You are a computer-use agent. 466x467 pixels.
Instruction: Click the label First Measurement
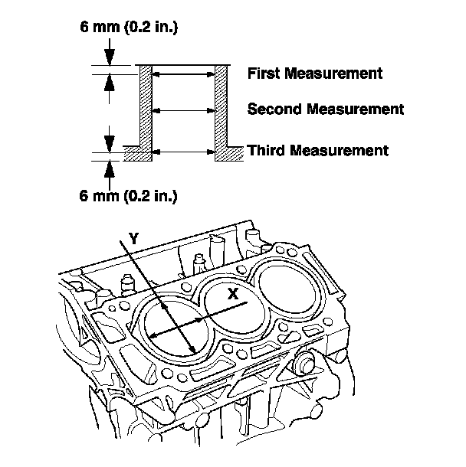pyautogui.click(x=314, y=74)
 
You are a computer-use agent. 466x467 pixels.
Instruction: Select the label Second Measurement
pyautogui.click(x=325, y=109)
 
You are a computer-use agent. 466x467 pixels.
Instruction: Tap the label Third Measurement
pyautogui.click(x=317, y=150)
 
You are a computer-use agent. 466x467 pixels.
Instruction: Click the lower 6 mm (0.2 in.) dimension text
pyautogui.click(x=129, y=195)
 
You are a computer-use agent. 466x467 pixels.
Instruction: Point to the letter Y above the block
pyautogui.click(x=133, y=238)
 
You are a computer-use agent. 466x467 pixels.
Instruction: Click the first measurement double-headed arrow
pyautogui.click(x=183, y=74)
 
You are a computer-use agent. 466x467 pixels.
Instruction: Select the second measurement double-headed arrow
pyautogui.click(x=183, y=110)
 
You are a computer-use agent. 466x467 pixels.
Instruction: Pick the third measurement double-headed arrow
pyautogui.click(x=183, y=150)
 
